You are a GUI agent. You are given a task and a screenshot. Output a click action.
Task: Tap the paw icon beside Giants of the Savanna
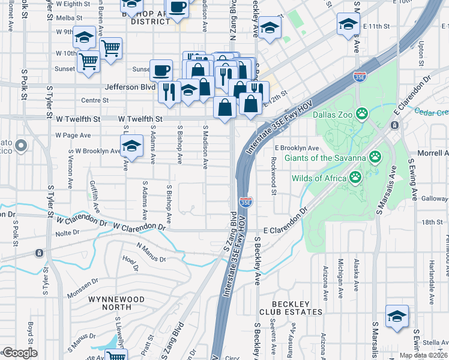pos(375,157)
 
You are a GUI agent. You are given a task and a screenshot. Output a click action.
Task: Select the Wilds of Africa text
pos(319,178)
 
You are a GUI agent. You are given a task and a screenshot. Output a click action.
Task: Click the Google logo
pos(19,352)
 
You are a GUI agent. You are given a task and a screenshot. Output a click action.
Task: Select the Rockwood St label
pos(273,175)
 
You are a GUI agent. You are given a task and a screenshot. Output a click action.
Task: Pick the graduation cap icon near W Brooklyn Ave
pos(132,145)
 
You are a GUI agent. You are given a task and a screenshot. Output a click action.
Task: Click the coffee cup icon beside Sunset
pos(161,70)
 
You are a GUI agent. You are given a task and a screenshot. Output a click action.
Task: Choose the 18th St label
pos(432,222)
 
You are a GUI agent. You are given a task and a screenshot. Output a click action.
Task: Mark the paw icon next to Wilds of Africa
pos(355,177)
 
